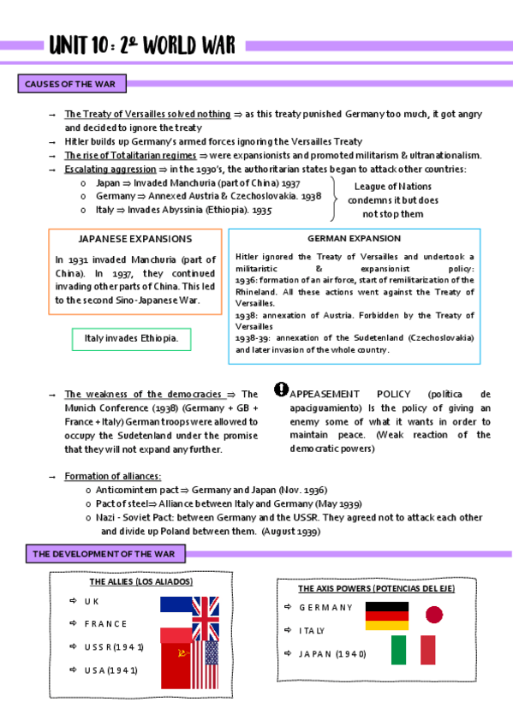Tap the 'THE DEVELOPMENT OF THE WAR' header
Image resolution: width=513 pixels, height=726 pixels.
(x=103, y=554)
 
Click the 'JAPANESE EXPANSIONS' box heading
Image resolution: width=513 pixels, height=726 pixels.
(x=134, y=239)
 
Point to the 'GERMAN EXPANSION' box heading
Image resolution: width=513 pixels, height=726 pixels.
(x=354, y=238)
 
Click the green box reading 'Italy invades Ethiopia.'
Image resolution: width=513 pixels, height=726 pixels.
(x=131, y=339)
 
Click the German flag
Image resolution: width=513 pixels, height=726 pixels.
(x=387, y=616)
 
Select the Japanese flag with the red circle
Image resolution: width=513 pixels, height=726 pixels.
(x=433, y=614)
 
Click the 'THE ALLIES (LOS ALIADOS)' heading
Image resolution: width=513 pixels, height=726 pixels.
(x=140, y=582)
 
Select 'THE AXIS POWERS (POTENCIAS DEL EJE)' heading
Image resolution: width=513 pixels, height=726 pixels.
(x=376, y=589)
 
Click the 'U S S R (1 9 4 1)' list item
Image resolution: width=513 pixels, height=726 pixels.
(x=114, y=646)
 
